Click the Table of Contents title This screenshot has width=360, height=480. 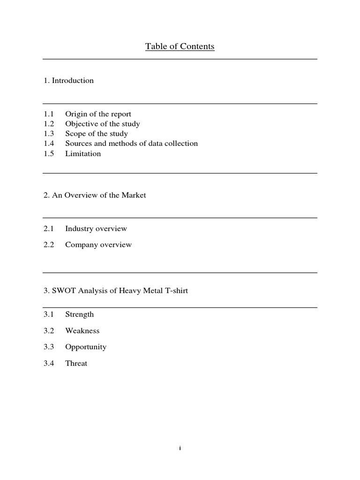coord(180,46)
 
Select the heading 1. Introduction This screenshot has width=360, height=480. coord(68,81)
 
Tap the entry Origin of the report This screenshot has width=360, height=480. coord(98,114)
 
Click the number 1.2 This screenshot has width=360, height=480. coord(49,124)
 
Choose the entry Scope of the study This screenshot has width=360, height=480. coord(96,134)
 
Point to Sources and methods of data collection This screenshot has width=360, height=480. coord(131,143)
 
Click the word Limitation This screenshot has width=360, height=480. coord(83,153)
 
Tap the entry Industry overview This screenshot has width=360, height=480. coord(96,229)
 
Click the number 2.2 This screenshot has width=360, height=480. coord(49,245)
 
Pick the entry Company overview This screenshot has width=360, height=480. coord(98,245)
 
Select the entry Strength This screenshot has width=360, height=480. coord(79,315)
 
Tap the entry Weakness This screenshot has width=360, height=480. coord(82,331)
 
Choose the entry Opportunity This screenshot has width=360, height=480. coord(86,347)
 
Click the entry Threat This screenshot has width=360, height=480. coord(76,363)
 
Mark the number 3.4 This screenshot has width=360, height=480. coord(49,363)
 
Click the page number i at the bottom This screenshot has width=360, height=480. coord(180,449)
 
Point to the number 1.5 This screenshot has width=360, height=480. coord(49,153)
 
